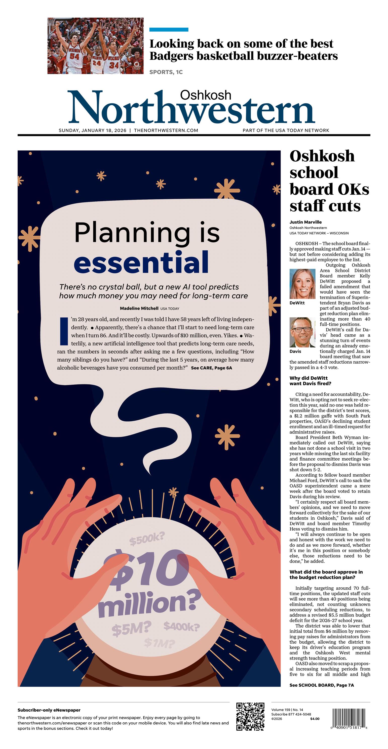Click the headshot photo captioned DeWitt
point(302,284)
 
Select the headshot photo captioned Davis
point(302,332)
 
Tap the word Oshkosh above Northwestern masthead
point(206,95)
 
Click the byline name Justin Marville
point(305,222)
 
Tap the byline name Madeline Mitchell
point(139,308)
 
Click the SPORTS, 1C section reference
point(166,72)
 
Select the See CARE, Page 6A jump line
point(211,368)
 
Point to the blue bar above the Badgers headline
point(169,29)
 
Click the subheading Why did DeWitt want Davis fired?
point(310,381)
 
